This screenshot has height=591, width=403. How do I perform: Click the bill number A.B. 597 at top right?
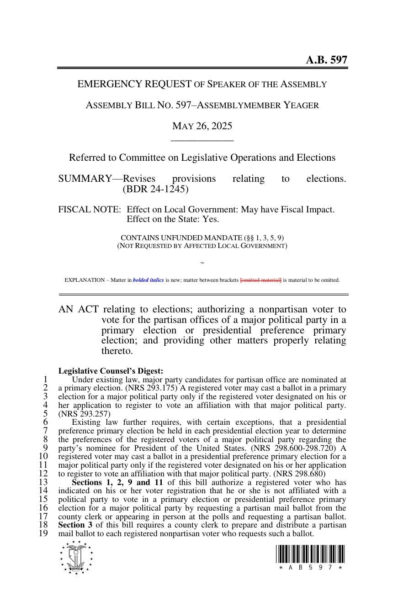(326, 60)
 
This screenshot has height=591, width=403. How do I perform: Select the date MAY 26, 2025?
(202, 126)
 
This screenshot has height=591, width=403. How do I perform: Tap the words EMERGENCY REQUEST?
(134, 84)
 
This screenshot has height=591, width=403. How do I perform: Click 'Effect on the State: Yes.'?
(173, 219)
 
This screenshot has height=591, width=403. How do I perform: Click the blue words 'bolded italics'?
(148, 280)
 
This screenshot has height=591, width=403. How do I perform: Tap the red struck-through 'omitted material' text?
(261, 280)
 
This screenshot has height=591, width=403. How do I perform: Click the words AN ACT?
(78, 310)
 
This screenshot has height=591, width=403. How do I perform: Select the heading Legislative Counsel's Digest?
(111, 371)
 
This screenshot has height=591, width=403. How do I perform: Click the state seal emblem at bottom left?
(76, 557)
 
